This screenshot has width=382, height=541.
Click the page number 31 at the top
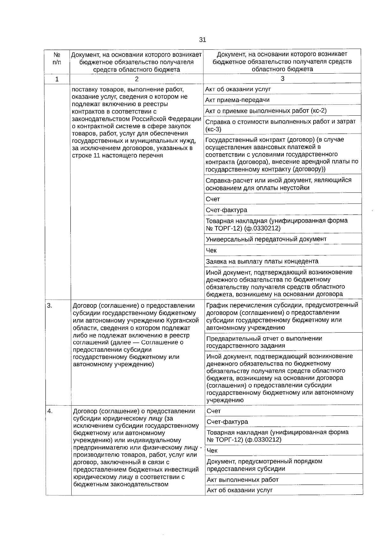pos(202,40)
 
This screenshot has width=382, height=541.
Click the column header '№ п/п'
pos(57,58)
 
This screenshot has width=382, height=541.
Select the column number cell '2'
pos(137,79)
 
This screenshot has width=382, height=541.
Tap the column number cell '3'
pos(282,79)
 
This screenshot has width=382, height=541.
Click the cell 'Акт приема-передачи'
pos(237,100)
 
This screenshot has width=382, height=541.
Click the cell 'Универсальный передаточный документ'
pos(266,239)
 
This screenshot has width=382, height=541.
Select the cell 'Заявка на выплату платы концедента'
pos(262,262)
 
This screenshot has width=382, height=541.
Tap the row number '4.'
pos(50,411)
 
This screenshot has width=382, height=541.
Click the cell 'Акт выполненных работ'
pos(243,480)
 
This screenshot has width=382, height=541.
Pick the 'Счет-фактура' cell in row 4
pos(227,422)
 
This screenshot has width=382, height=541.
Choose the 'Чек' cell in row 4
pos(212,451)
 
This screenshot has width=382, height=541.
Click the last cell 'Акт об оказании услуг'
pos(240,490)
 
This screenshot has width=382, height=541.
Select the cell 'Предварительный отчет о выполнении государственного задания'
pos(264,342)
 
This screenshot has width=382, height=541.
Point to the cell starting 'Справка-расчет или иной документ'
pos(279,184)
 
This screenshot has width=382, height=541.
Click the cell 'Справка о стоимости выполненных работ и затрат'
pos(280,125)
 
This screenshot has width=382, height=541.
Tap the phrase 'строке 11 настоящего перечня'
pos(117,155)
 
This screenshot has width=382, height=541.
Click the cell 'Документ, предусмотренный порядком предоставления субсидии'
pos(265,465)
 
